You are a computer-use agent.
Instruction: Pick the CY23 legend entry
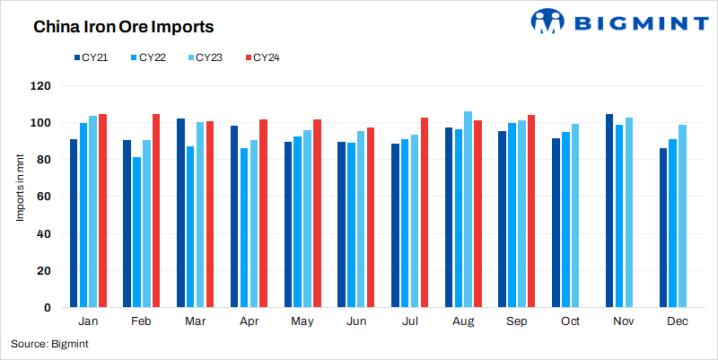pyautogui.click(x=206, y=57)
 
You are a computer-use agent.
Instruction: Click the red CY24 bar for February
pyautogui.click(x=156, y=211)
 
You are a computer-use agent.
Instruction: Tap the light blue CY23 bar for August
pyautogui.click(x=468, y=209)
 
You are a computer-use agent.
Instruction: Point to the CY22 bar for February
pyautogui.click(x=136, y=233)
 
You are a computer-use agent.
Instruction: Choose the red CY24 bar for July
pyautogui.click(x=425, y=213)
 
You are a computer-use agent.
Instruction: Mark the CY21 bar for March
pyautogui.click(x=180, y=213)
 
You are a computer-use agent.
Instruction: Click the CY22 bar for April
pyautogui.click(x=243, y=228)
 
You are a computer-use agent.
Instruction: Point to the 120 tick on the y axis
pyautogui.click(x=41, y=86)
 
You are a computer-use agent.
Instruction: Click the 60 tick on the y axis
pyautogui.click(x=44, y=197)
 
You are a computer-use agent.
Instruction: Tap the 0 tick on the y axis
pyautogui.click(x=48, y=308)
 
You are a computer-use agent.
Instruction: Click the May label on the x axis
pyautogui.click(x=302, y=321)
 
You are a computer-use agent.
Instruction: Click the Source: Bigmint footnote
pyautogui.click(x=49, y=344)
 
